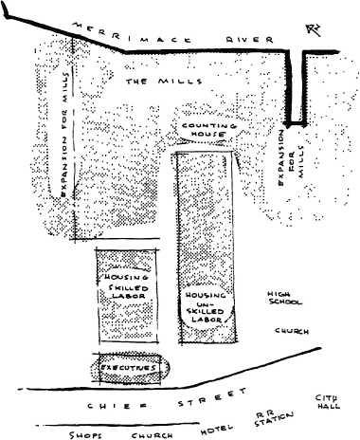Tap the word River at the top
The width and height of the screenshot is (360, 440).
pos(234,40)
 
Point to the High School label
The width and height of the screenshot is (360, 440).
pos(283,298)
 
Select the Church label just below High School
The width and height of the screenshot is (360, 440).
pos(285,332)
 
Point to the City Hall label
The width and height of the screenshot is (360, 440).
pos(328,401)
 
